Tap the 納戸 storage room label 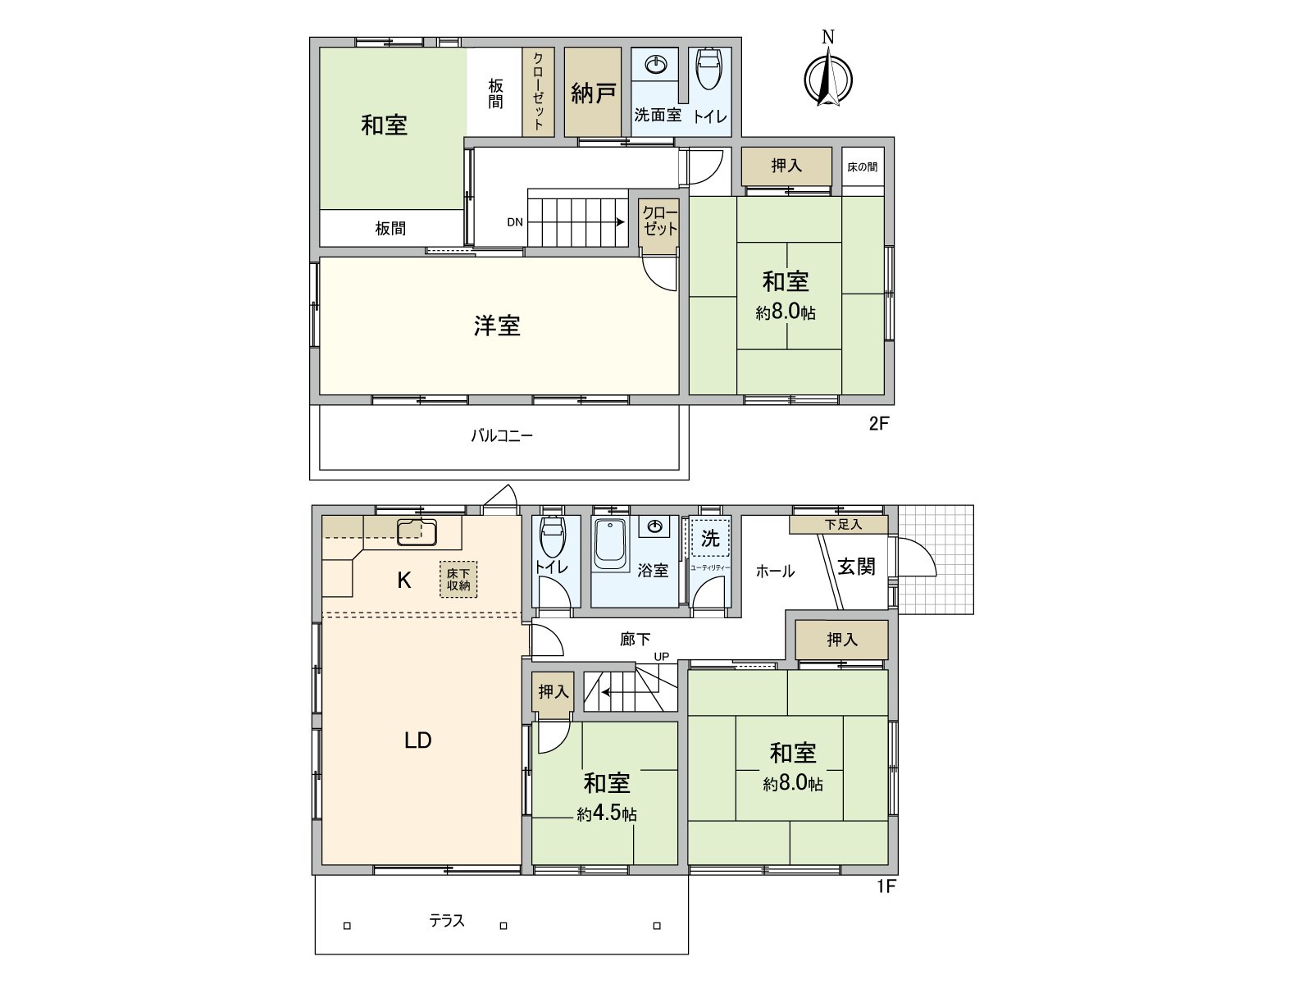(x=593, y=93)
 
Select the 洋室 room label (x=497, y=326)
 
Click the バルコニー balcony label (x=501, y=435)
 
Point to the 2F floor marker (x=879, y=424)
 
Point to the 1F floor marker (x=886, y=886)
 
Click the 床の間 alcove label (x=862, y=167)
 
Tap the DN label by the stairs (x=515, y=222)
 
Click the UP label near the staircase (x=662, y=656)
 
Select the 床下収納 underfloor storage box (x=458, y=580)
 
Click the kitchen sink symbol (x=417, y=532)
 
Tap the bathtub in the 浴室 (x=610, y=544)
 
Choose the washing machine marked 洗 (x=710, y=538)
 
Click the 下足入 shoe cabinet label (x=843, y=524)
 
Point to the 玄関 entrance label (x=856, y=567)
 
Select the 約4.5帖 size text (x=607, y=814)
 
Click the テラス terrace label (x=447, y=921)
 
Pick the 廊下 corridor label (x=635, y=639)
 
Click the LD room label (x=418, y=740)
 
